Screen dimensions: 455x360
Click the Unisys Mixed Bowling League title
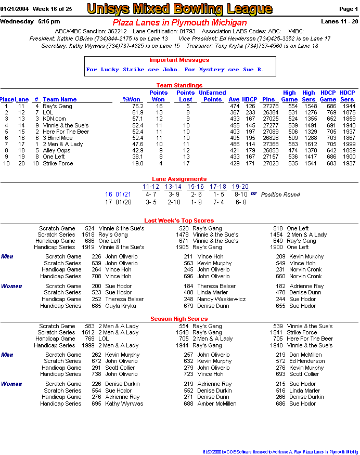pos(179,9)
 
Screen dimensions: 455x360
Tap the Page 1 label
pos(348,9)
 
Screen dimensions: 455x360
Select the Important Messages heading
pos(179,60)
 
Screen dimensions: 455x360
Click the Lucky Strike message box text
pos(175,70)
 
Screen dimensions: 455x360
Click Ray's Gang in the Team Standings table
pos(57,106)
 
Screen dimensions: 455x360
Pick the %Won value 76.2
pos(137,106)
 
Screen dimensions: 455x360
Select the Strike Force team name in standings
pos(58,163)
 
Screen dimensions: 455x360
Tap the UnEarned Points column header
pos(212,96)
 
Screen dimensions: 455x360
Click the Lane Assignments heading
pos(179,179)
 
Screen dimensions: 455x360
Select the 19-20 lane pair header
pos(240,187)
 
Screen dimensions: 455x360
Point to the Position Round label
pos(280,195)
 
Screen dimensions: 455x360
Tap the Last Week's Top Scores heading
pos(179,221)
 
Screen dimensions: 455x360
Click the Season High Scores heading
pos(179,319)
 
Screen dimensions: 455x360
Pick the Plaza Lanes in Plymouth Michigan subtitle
pos(179,23)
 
